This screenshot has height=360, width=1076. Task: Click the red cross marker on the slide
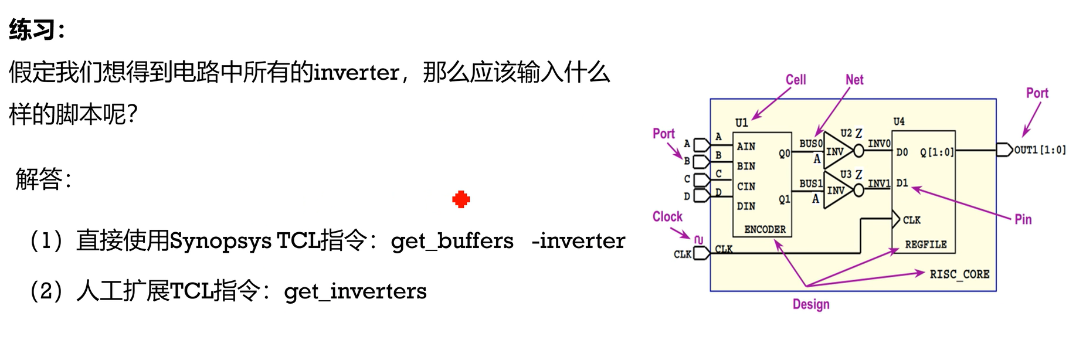(x=461, y=199)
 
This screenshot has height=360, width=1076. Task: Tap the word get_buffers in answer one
(x=452, y=241)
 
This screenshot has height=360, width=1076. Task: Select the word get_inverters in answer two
(x=355, y=291)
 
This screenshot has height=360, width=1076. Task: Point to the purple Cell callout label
(x=796, y=79)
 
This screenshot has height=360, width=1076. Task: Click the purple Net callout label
(x=854, y=79)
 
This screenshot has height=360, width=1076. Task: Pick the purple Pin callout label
(x=1023, y=219)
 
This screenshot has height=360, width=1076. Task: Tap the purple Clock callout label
(x=667, y=216)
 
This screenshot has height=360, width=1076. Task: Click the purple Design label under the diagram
(x=811, y=304)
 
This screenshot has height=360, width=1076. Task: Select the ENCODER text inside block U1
(x=765, y=229)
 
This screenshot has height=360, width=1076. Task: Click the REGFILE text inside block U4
(x=925, y=244)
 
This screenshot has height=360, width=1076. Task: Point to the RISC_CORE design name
(x=959, y=274)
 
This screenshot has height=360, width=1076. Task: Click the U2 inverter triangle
(x=836, y=151)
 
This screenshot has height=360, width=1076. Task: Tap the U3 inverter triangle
(x=836, y=191)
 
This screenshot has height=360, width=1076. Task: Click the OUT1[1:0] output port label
(x=1040, y=150)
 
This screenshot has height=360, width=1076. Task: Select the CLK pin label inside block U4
(x=911, y=220)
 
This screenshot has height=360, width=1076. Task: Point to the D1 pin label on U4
(x=902, y=184)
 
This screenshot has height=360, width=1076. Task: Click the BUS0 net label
(x=810, y=144)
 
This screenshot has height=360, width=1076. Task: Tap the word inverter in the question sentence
(x=357, y=73)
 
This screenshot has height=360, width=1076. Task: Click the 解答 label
(x=39, y=178)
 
